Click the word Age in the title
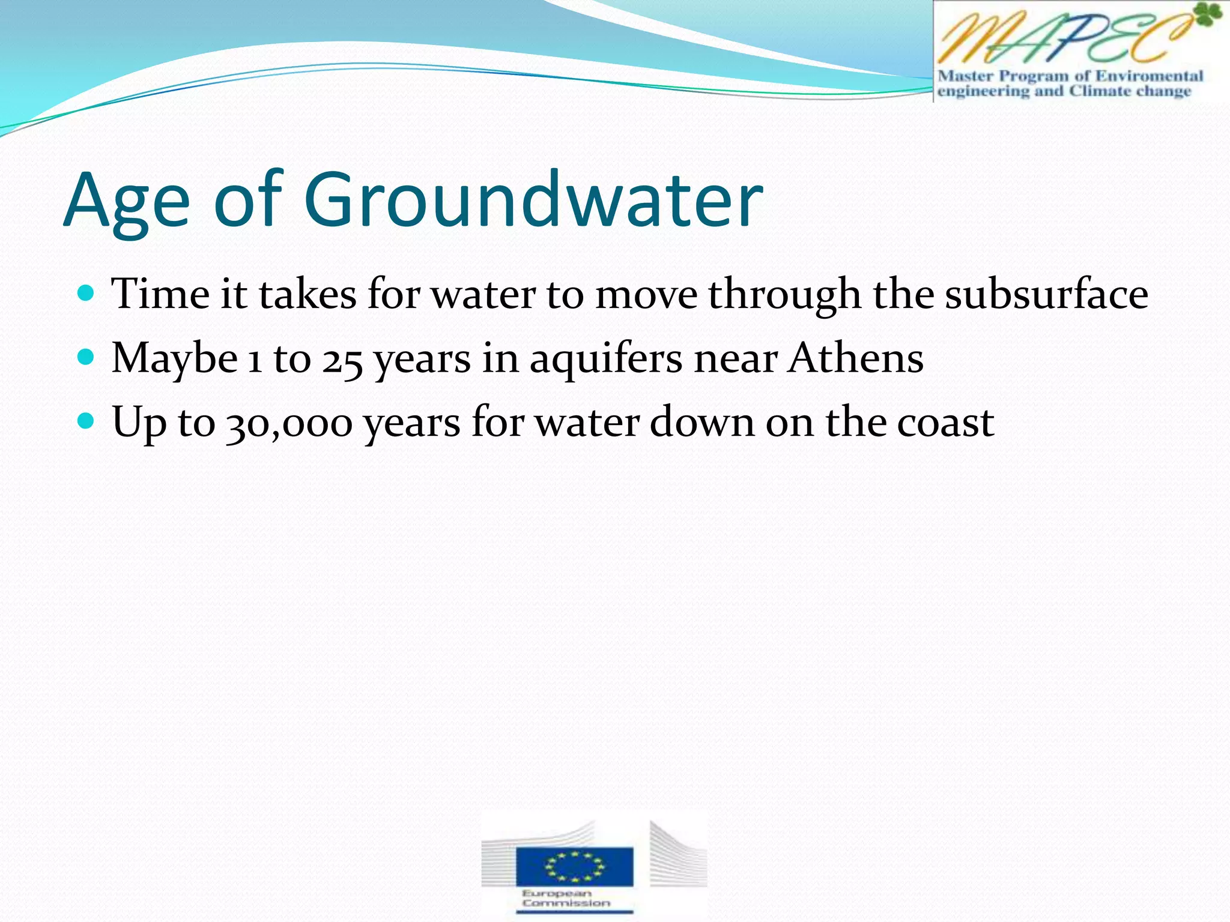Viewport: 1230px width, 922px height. point(126,201)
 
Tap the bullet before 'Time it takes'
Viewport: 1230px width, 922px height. point(87,294)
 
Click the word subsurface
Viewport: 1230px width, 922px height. point(1046,294)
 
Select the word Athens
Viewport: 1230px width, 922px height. point(856,358)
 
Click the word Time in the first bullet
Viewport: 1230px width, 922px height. point(161,294)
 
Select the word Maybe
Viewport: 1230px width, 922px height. point(175,358)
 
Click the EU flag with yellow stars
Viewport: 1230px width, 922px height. point(574,866)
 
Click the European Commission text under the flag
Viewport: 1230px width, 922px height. point(566,898)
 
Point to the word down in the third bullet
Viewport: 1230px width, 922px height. point(701,423)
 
